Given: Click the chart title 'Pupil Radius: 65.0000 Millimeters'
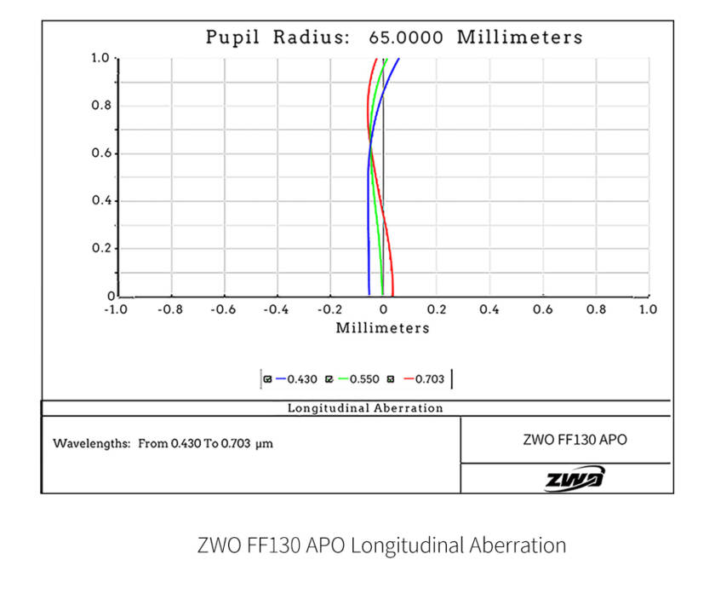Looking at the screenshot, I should [x=394, y=37].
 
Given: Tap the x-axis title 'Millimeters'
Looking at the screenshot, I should [x=382, y=328].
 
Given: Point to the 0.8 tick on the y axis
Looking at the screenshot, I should [x=101, y=106].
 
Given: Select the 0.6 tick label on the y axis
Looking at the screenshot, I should [x=101, y=153].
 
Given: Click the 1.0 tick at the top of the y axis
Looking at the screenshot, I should [x=101, y=58].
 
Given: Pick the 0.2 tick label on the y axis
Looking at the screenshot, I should [x=101, y=249].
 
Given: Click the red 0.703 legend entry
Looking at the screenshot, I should [x=423, y=378].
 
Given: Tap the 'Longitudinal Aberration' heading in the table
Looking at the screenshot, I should [x=365, y=408].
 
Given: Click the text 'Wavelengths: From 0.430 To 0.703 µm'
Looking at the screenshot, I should [x=163, y=444].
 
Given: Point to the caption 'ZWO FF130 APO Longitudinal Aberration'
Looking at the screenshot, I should [x=381, y=545].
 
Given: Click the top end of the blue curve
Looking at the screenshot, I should [x=398, y=59].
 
